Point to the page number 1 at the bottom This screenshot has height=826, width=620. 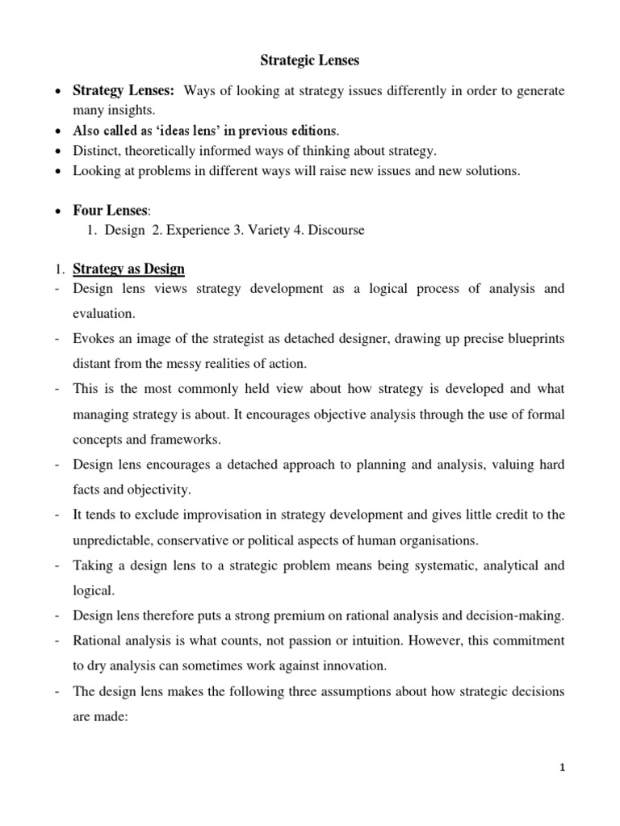563,768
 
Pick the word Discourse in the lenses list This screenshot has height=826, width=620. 333,230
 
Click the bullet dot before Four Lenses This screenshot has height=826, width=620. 58,211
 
